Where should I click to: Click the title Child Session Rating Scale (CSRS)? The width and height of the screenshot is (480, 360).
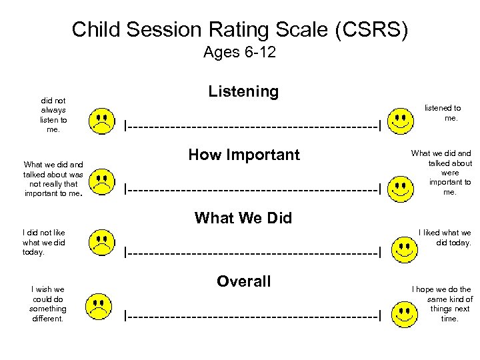[239, 29]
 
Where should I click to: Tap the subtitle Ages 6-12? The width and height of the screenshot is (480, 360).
[239, 53]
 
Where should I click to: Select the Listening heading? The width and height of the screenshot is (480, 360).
[243, 91]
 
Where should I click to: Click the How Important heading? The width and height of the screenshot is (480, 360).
[244, 155]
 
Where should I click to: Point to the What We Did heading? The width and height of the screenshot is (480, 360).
[243, 218]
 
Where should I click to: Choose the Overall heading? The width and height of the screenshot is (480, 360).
[243, 281]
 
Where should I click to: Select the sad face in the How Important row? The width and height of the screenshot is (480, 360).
[101, 181]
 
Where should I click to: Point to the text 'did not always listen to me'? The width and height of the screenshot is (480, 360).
[53, 115]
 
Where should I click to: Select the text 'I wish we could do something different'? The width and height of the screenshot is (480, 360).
[49, 304]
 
